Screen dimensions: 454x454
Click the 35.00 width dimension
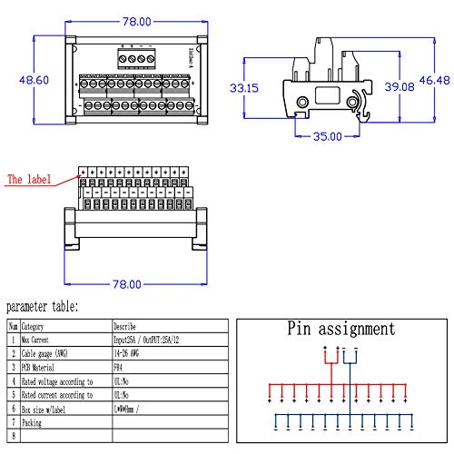click(x=327, y=137)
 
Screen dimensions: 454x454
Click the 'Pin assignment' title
click(x=340, y=329)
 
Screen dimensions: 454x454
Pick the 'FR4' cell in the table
click(x=118, y=367)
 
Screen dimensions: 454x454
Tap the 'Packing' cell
click(x=33, y=423)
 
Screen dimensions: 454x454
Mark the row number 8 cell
click(x=13, y=437)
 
